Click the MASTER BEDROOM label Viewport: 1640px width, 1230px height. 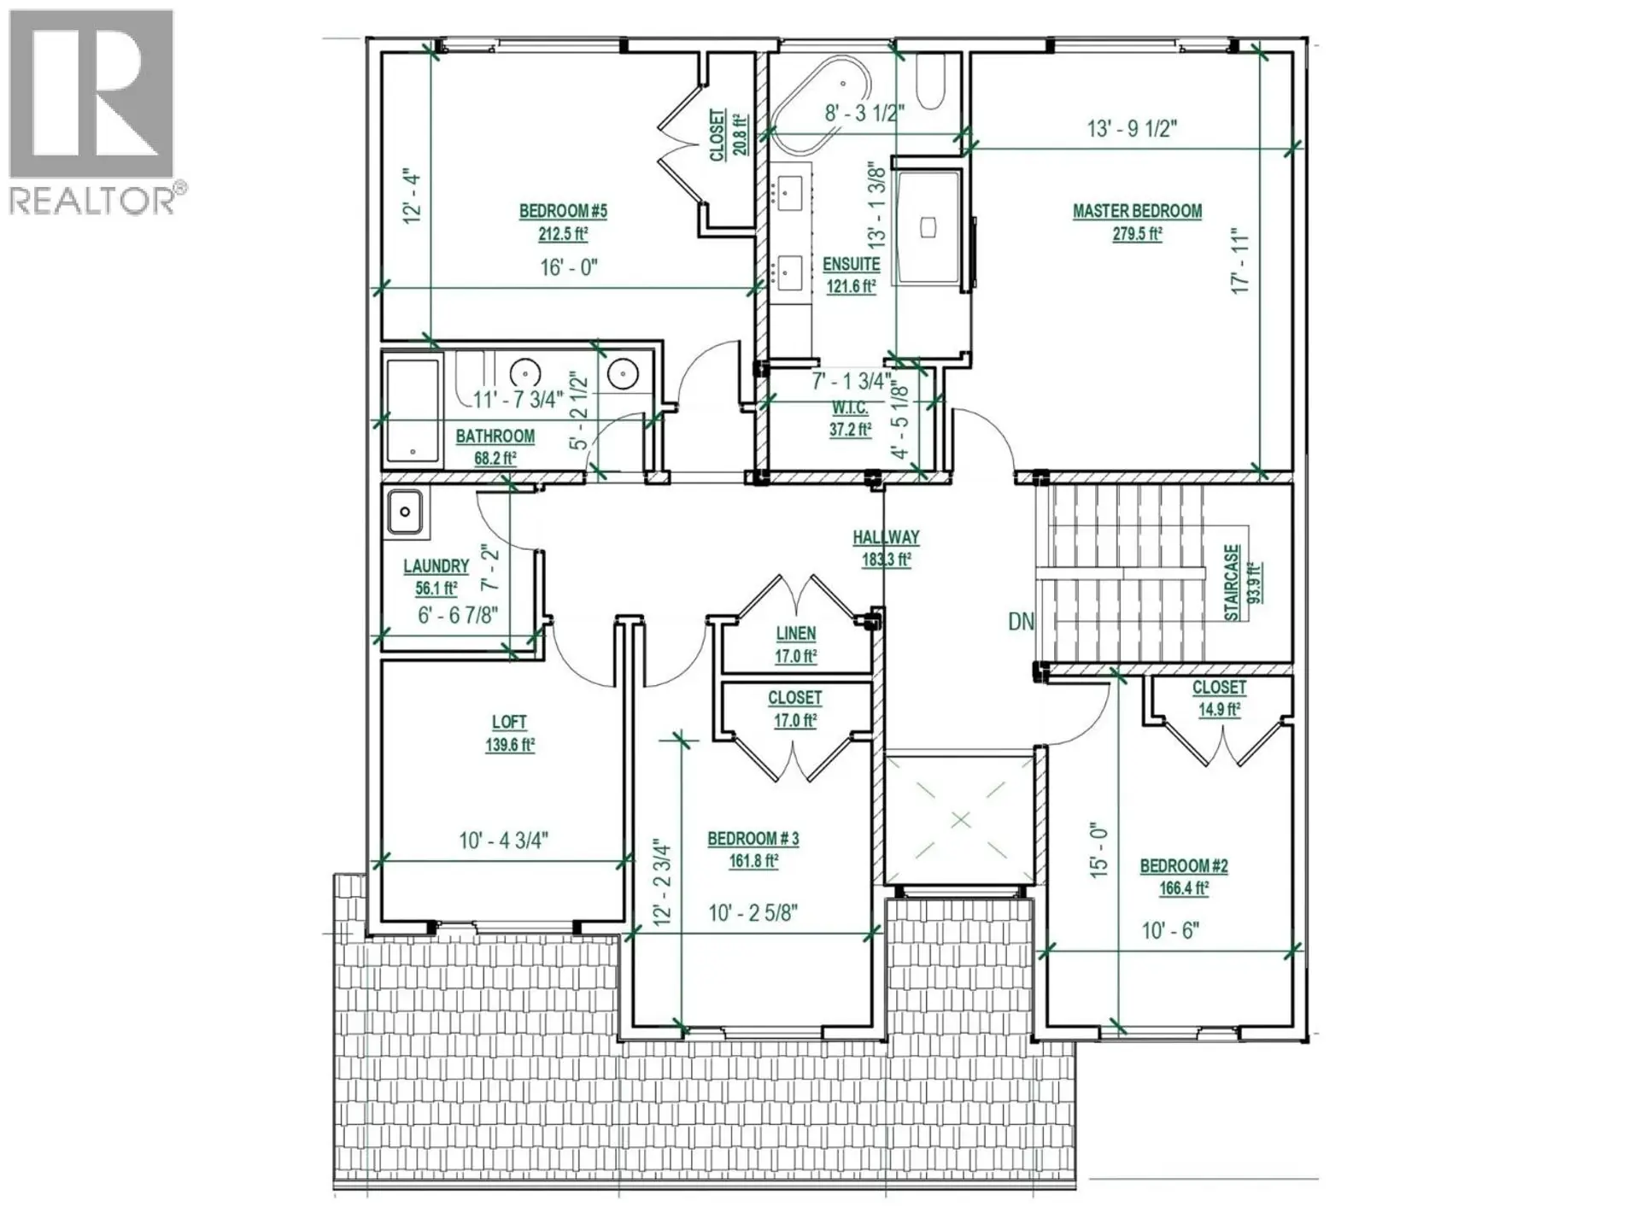coord(1137,211)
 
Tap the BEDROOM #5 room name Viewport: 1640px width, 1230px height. coord(563,211)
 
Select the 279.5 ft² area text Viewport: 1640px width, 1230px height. coord(1137,234)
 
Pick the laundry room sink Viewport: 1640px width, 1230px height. coord(405,512)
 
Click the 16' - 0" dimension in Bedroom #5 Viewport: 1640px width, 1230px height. coord(568,267)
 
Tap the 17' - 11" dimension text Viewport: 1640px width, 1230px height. coord(1240,261)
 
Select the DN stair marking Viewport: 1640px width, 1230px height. coord(1021,621)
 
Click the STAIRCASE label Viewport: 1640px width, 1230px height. coord(1232,583)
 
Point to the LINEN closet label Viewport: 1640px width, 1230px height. coord(795,634)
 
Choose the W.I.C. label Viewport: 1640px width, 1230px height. coord(850,408)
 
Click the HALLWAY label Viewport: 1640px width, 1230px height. coord(886,537)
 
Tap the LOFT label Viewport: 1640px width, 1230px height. coord(509,722)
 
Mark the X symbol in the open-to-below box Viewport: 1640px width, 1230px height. coord(961,820)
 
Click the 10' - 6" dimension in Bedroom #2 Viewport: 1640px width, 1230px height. coord(1170,930)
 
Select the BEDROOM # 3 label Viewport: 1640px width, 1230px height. coord(753,839)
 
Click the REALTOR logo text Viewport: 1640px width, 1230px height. coord(92,201)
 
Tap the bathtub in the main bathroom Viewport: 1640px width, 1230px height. coord(413,411)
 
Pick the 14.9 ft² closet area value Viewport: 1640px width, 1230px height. coord(1219,710)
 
